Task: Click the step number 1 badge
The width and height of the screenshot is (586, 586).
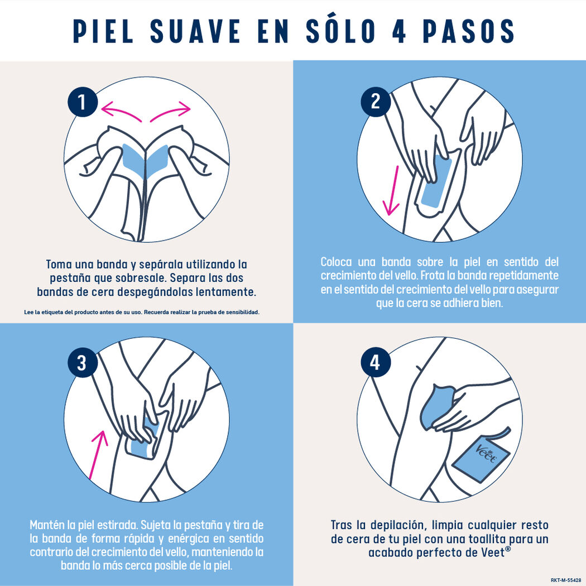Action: click(x=82, y=103)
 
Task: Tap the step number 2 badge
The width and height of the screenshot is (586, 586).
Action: click(x=375, y=101)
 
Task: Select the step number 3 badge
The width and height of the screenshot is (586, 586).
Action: click(x=82, y=363)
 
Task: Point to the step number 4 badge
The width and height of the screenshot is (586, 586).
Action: click(x=375, y=363)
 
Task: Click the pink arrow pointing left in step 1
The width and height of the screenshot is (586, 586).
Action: click(x=121, y=111)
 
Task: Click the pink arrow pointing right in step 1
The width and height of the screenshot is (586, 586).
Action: click(x=171, y=111)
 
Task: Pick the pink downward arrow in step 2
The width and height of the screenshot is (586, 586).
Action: click(x=393, y=190)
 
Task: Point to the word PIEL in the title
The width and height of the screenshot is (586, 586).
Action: click(x=104, y=31)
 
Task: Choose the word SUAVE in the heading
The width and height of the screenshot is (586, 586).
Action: click(x=194, y=31)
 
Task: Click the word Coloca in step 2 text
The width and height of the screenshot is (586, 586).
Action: click(x=337, y=262)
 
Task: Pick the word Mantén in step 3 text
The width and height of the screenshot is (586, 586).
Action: click(x=47, y=525)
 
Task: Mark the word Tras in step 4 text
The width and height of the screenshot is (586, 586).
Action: click(x=342, y=525)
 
